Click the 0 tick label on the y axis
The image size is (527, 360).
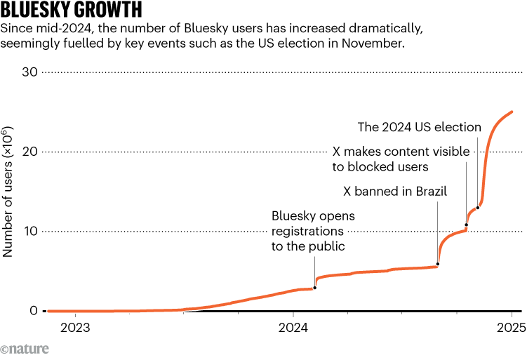click(x=33, y=311)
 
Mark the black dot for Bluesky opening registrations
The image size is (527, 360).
click(x=314, y=288)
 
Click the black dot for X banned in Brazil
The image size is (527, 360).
click(x=438, y=264)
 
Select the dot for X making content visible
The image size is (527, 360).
click(x=466, y=225)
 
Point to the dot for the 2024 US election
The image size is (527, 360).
click(x=478, y=208)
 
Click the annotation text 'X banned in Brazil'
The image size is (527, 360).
click(x=394, y=191)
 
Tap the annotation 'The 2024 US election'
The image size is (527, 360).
click(x=419, y=127)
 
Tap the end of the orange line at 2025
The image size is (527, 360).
click(x=512, y=112)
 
